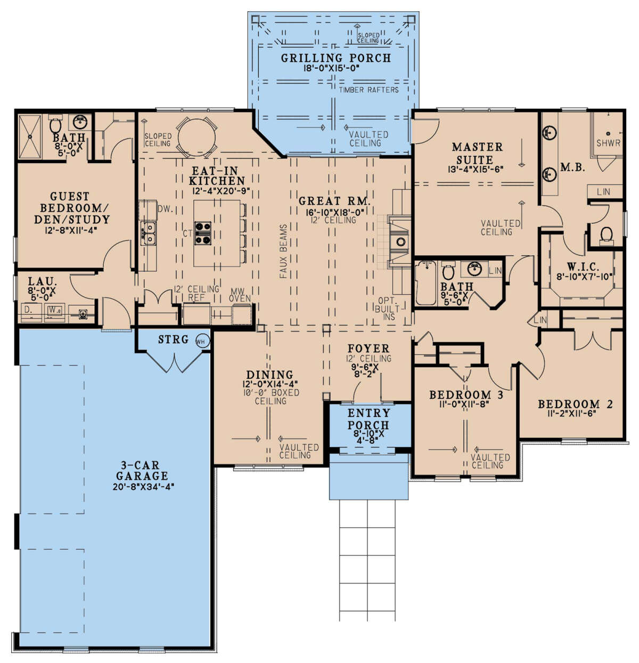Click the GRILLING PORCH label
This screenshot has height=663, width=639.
[335, 58]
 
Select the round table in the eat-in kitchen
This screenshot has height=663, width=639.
[196, 137]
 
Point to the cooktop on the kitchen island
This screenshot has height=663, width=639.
[202, 233]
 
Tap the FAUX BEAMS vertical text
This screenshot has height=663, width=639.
[283, 251]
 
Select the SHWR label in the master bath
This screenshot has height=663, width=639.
[608, 143]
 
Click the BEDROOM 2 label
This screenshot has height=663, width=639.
[575, 405]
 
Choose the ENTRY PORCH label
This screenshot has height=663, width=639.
[368, 419]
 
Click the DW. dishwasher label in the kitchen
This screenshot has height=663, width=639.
[166, 209]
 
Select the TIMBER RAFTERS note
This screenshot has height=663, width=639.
[368, 90]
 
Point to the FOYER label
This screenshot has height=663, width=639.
[368, 349]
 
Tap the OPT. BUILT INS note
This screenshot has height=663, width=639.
[388, 309]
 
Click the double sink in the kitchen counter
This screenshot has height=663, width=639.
[149, 232]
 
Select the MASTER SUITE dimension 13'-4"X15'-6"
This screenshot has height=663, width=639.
[475, 169]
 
